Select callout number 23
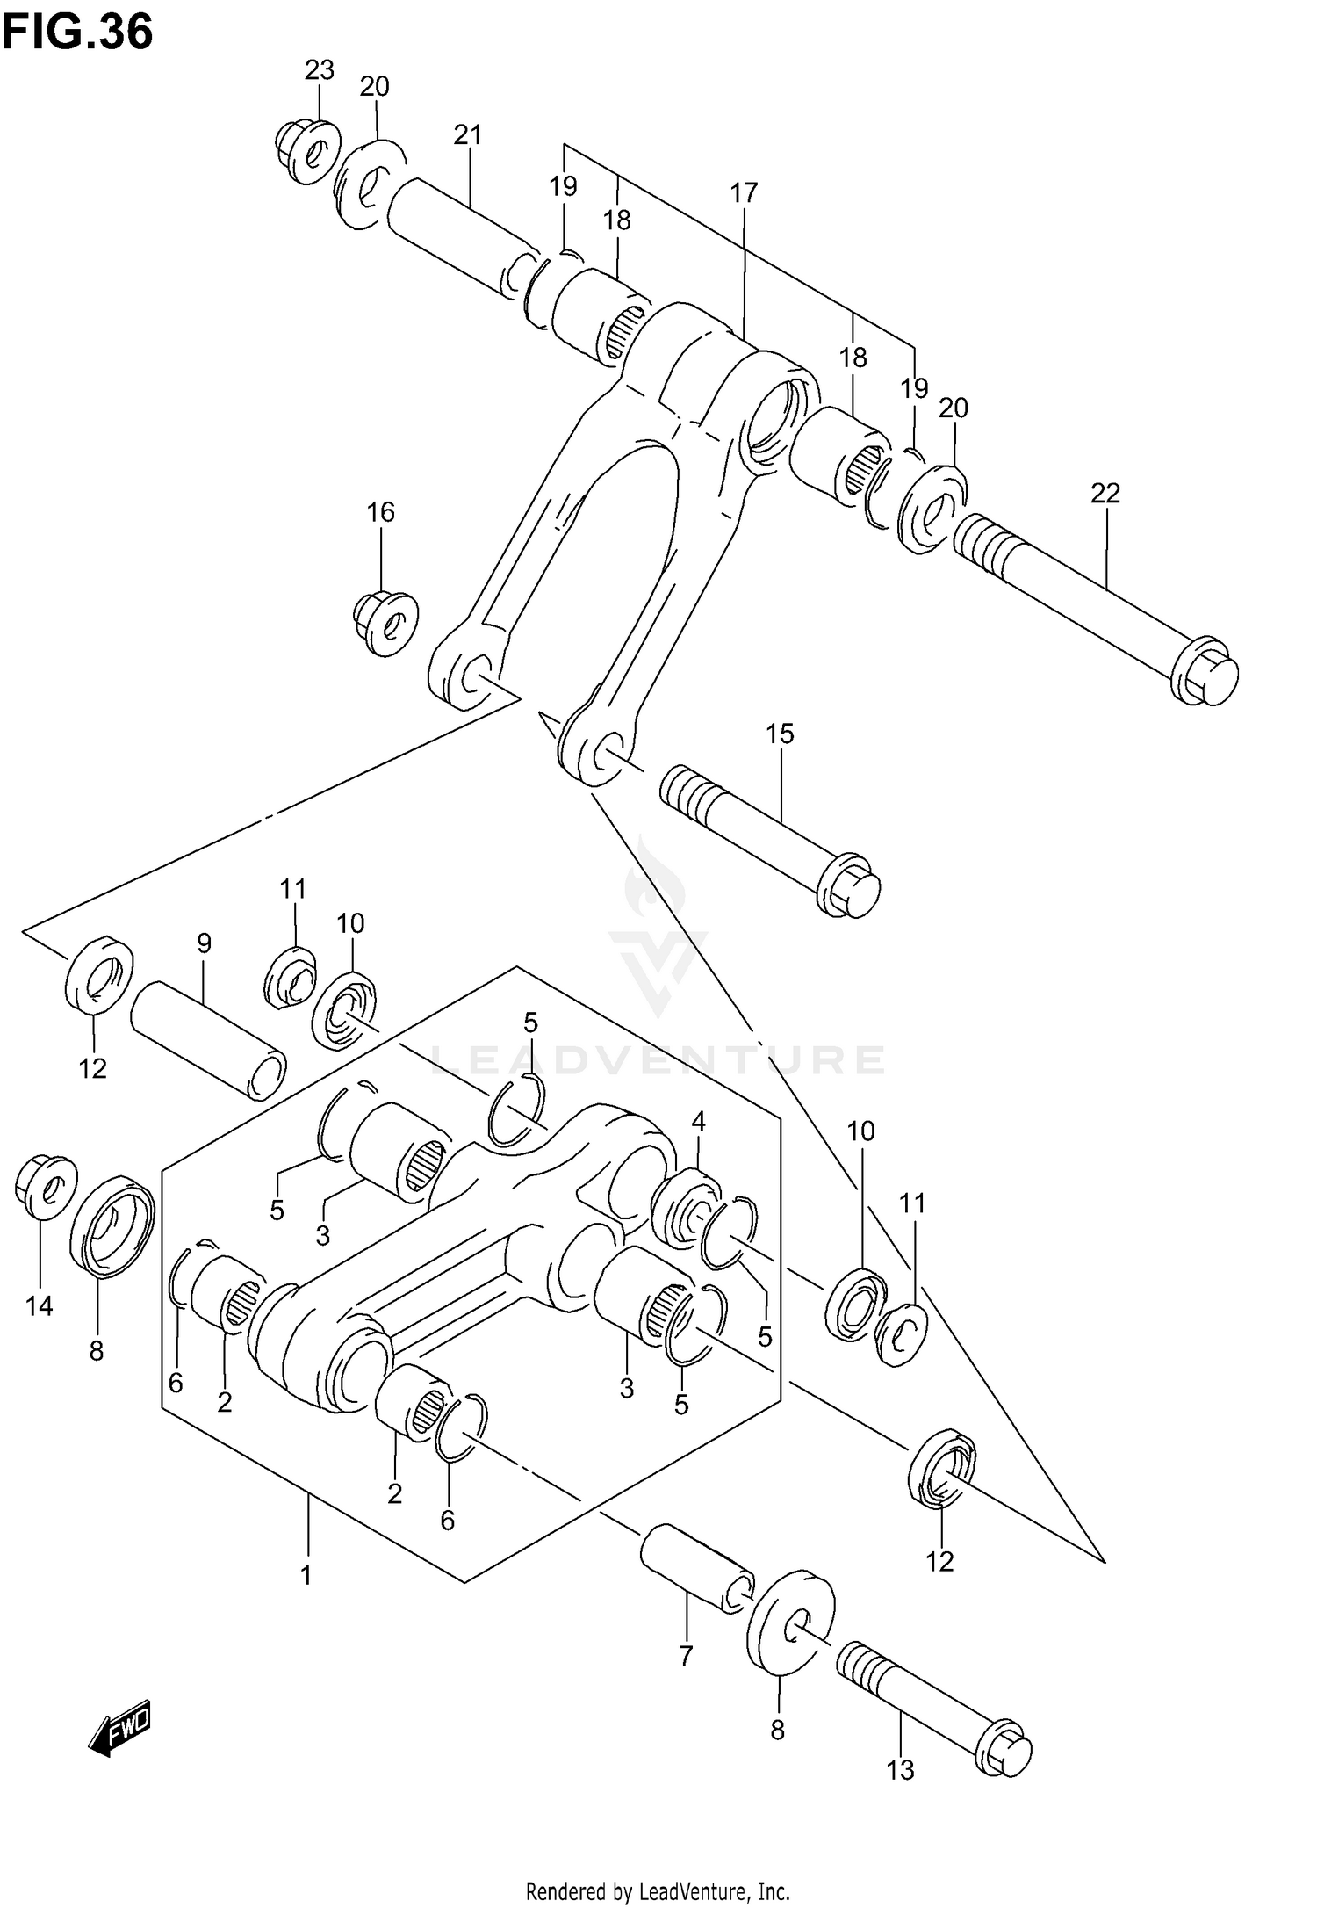click(x=320, y=69)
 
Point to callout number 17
click(x=744, y=192)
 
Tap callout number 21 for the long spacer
click(x=468, y=134)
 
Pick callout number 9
click(x=204, y=943)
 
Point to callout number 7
click(x=686, y=1656)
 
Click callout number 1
click(x=306, y=1576)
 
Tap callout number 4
click(x=698, y=1120)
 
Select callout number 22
click(x=1105, y=493)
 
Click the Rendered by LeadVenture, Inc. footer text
click(x=658, y=1884)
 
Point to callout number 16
click(x=380, y=511)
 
